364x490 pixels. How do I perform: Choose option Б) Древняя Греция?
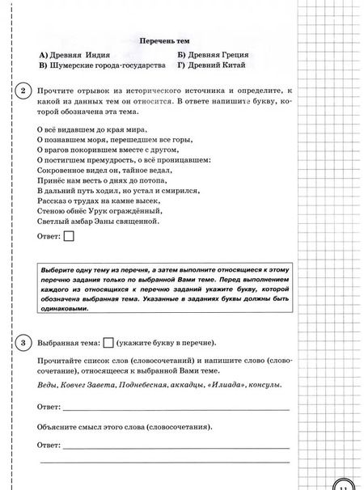pos(214,55)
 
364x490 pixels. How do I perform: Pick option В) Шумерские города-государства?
pos(99,65)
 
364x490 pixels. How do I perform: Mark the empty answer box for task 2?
pos(69,237)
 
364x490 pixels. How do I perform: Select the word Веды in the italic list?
pos(49,385)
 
